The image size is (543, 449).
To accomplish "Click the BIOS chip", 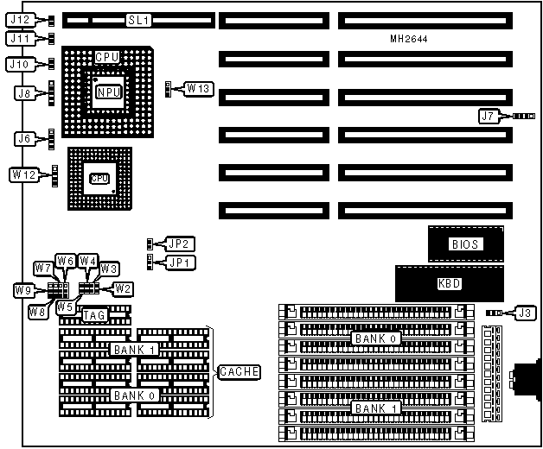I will point(464,243).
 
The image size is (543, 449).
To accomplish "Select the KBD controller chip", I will point(448,283).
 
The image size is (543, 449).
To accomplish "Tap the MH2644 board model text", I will point(408,40).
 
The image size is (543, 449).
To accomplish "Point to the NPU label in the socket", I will point(109,92).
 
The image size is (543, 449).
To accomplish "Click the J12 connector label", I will point(20,19).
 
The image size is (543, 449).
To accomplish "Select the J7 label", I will point(489,116).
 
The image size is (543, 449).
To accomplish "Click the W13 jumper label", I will point(198,88).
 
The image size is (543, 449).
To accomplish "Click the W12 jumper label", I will point(23,174).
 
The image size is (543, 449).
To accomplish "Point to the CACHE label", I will point(239,371).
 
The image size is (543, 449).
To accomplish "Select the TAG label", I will point(94,316).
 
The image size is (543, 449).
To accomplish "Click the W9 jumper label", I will point(23,291).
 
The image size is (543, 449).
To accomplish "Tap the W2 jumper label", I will point(123,288).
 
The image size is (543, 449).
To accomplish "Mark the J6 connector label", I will point(23,138).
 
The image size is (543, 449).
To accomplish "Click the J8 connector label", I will point(23,92).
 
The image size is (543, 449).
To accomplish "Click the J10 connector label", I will point(20,63).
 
